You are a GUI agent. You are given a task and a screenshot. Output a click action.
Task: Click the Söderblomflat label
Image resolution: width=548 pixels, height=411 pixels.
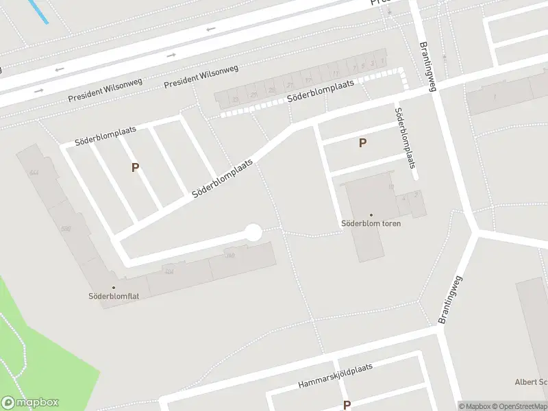[114, 297]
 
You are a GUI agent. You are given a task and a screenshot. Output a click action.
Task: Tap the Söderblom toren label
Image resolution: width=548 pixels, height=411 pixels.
[371, 223]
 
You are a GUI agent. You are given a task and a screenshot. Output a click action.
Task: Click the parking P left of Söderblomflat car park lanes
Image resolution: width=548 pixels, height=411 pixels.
[135, 167]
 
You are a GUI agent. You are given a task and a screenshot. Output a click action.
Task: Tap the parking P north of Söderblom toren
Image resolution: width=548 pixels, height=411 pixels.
[362, 142]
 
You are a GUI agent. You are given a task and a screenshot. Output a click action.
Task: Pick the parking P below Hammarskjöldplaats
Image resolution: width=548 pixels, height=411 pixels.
[347, 405]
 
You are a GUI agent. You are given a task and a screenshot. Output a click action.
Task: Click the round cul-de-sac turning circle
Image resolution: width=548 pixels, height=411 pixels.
[253, 233]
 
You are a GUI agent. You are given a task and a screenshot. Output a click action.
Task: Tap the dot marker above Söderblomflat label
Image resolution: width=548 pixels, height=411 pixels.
[114, 288]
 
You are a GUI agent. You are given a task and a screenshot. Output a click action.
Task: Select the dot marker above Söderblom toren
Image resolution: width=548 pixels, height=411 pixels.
[371, 214]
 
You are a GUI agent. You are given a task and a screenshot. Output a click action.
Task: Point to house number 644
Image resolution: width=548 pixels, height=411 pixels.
[34, 173]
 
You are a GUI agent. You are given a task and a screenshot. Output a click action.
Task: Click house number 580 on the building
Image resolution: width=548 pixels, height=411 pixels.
[66, 229]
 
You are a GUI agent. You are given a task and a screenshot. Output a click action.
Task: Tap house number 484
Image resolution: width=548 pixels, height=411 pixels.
[169, 271]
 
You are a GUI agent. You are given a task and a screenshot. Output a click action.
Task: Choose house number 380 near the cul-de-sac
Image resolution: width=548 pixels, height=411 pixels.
[230, 256]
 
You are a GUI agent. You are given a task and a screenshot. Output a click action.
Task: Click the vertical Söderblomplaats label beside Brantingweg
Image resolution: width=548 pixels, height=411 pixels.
[406, 138]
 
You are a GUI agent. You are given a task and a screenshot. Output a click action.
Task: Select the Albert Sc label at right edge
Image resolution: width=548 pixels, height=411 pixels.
[531, 382]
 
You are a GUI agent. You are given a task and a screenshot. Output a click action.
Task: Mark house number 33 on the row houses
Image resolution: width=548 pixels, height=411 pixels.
[236, 100]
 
